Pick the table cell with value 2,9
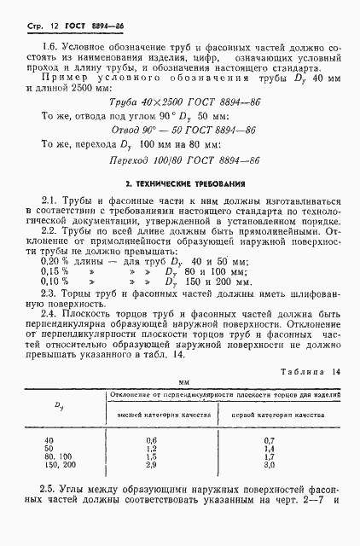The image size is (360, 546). [153, 465]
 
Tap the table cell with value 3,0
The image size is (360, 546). [268, 465]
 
